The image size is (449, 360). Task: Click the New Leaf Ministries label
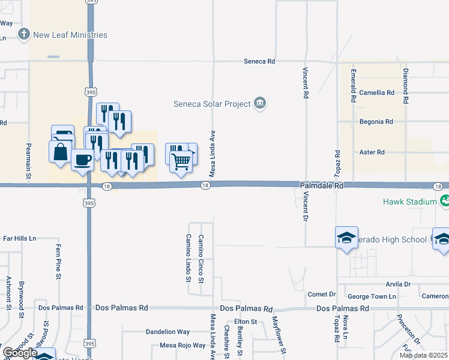tap(70, 35)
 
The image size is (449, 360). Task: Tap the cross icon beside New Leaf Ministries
tap(24, 34)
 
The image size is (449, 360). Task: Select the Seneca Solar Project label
tap(212, 104)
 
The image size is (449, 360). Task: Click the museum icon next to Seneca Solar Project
tap(260, 104)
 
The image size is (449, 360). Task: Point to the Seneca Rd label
tap(259, 61)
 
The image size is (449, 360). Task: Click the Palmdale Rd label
tap(322, 187)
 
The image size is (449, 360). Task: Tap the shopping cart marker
tap(181, 160)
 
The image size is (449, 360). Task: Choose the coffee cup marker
tap(82, 160)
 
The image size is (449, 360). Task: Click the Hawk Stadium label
tap(410, 202)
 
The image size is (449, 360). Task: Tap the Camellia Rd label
tap(376, 93)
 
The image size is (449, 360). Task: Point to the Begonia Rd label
tap(376, 121)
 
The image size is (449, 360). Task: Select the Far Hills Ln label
tap(19, 238)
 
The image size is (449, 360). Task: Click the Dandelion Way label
tap(167, 332)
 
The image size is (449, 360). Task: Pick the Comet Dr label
tap(321, 294)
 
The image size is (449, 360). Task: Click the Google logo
tap(19, 353)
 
